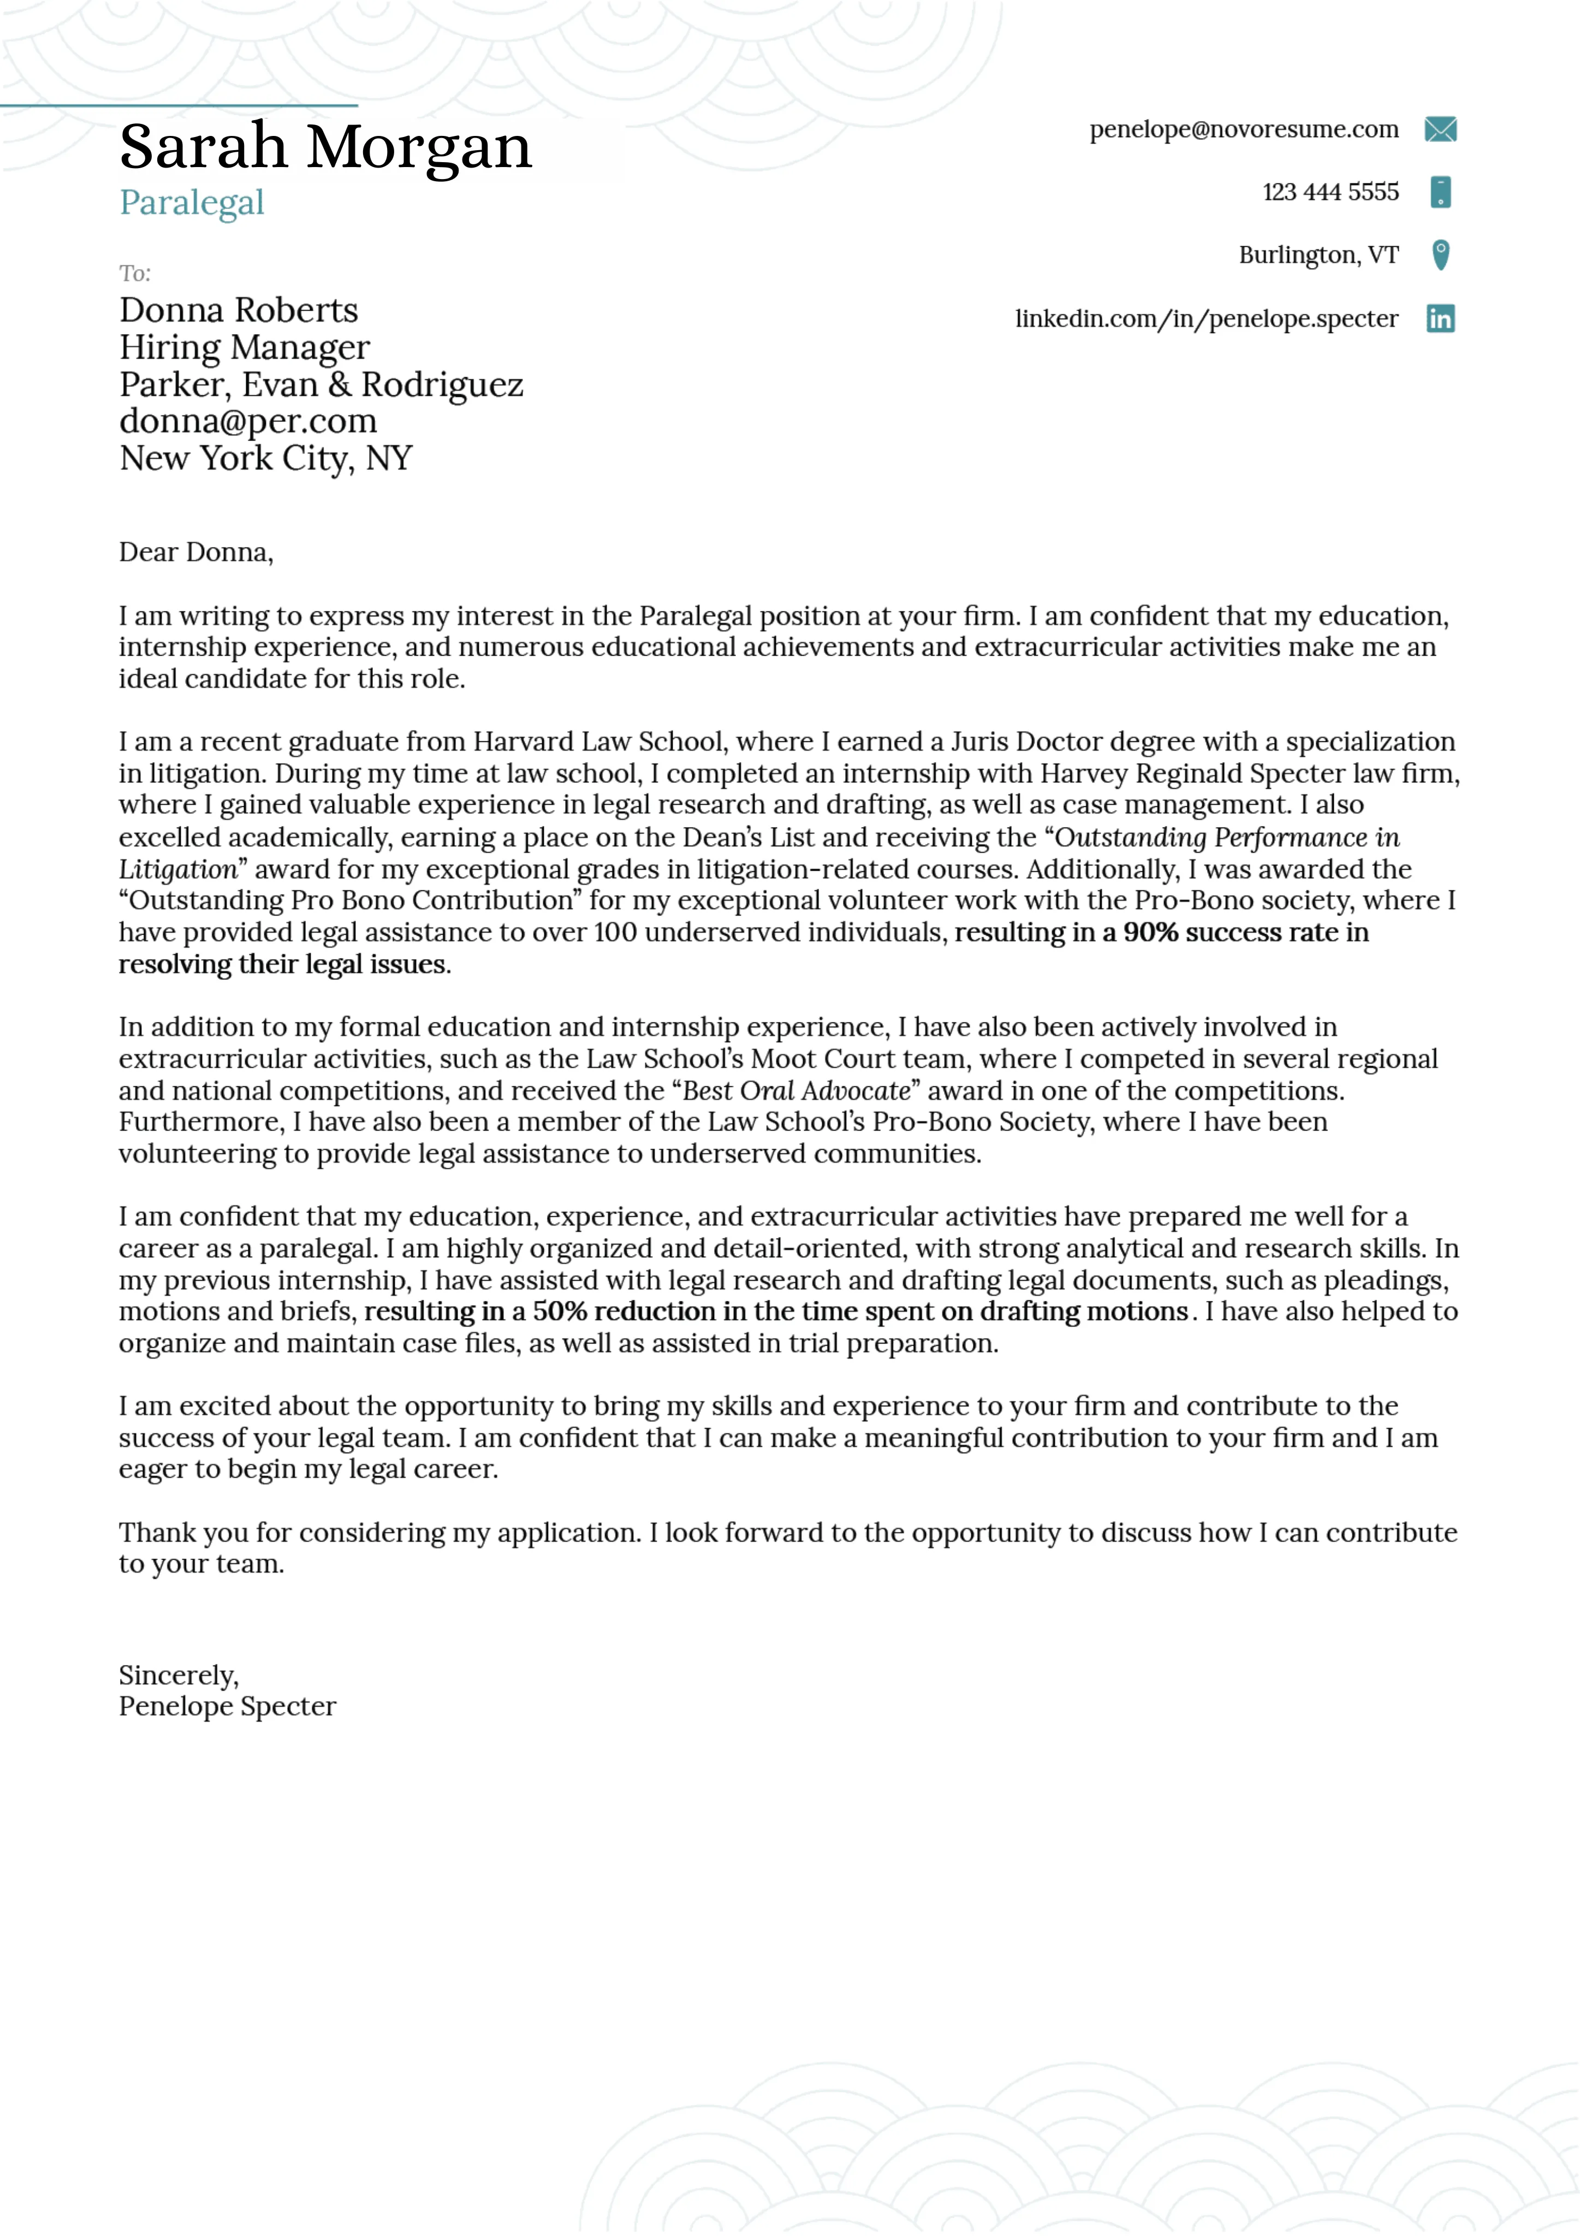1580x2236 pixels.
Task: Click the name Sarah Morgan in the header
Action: tap(325, 147)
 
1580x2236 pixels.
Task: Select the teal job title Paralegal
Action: tap(192, 203)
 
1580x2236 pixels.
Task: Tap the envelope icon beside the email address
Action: tap(1440, 129)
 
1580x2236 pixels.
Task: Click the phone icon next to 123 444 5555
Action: tap(1440, 192)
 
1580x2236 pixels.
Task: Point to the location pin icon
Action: tap(1440, 255)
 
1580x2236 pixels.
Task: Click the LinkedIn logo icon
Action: tap(1440, 318)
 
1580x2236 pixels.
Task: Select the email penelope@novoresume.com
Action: tap(1243, 129)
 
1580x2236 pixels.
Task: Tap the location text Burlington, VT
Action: tap(1318, 255)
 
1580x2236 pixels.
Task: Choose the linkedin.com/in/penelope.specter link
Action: tap(1206, 318)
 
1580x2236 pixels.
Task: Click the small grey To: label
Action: tap(134, 273)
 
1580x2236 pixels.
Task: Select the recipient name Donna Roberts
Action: tap(239, 310)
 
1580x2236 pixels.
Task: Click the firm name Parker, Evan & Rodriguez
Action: tap(320, 385)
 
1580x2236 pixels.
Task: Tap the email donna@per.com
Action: tap(247, 421)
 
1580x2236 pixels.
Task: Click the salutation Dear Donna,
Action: tap(196, 552)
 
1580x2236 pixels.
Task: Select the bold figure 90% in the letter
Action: tap(1150, 932)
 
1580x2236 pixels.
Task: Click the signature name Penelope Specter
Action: tap(227, 1706)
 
